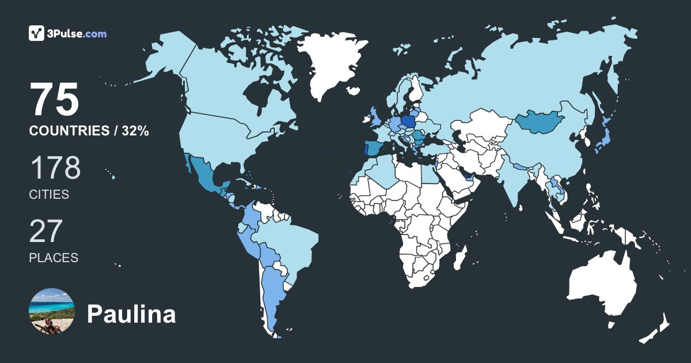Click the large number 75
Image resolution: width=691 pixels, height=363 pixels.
pos(54,100)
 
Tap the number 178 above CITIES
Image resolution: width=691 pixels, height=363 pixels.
pos(55,168)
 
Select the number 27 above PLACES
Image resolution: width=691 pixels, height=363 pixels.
pos(45,232)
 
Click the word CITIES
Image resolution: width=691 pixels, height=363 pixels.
pos(49,195)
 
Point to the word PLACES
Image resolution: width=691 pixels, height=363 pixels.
pos(54,258)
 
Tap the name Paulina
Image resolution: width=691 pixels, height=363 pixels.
pos(131,315)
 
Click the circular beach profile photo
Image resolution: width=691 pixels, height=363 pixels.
pos(52,311)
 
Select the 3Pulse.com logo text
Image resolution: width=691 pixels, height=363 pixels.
pos(78,34)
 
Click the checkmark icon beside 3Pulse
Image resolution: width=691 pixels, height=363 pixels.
pos(37,33)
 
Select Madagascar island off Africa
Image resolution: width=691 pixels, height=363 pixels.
pos(460,257)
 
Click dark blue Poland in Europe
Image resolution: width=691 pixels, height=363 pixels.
pos(409,122)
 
